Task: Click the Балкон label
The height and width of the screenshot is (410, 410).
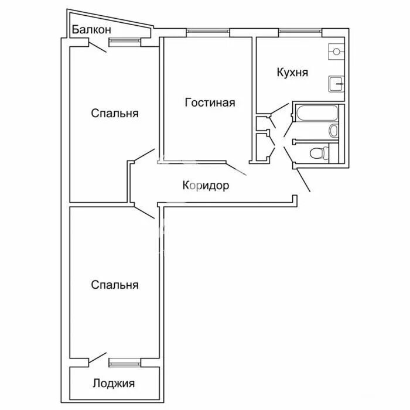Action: pyautogui.click(x=91, y=29)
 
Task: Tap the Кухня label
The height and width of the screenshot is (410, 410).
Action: pyautogui.click(x=292, y=72)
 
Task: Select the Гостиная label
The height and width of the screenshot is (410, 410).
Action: pyautogui.click(x=210, y=102)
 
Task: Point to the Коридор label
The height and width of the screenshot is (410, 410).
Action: pyautogui.click(x=206, y=186)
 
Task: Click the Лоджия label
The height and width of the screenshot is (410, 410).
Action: pyautogui.click(x=114, y=383)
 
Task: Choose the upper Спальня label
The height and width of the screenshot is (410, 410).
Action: pyautogui.click(x=115, y=113)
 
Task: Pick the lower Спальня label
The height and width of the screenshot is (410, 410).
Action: pyautogui.click(x=115, y=285)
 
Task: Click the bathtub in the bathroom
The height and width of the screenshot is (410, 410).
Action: pyautogui.click(x=317, y=113)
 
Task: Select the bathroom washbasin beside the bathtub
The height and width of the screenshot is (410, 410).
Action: pyautogui.click(x=333, y=131)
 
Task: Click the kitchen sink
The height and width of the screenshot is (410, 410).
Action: pyautogui.click(x=336, y=84)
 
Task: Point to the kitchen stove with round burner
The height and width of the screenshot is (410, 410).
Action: pyautogui.click(x=336, y=52)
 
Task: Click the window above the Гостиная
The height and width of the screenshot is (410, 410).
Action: pyautogui.click(x=208, y=32)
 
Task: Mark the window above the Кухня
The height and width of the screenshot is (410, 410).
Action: pyautogui.click(x=300, y=32)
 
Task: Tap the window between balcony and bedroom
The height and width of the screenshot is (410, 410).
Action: pyautogui.click(x=125, y=41)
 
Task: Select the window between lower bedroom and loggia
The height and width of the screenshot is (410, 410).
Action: pyautogui.click(x=125, y=364)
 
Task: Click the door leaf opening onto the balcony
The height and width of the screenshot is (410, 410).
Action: pyautogui.click(x=98, y=47)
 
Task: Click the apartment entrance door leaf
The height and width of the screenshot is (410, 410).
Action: pyautogui.click(x=303, y=180)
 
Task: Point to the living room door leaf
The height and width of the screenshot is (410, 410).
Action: pyautogui.click(x=236, y=169)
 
